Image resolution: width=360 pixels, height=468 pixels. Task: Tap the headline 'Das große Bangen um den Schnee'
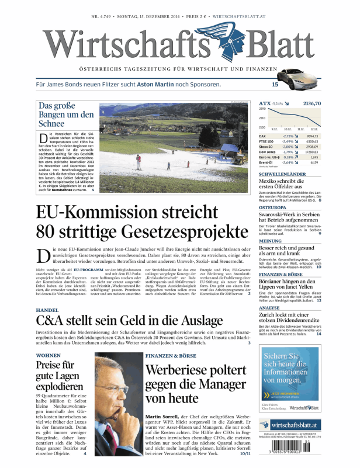65,115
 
